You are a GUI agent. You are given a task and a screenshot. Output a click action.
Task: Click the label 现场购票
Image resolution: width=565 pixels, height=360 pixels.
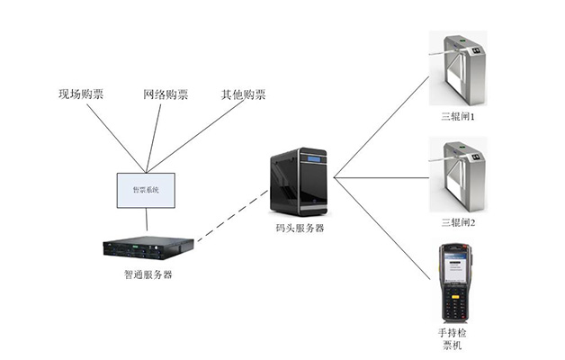[x=81, y=94]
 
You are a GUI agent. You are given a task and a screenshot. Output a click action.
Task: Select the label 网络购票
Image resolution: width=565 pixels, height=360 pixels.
[x=166, y=94]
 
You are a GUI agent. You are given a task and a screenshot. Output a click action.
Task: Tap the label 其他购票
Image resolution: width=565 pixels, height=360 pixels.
[x=243, y=94]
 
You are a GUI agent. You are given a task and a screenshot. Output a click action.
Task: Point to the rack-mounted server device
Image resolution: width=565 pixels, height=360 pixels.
[x=148, y=247]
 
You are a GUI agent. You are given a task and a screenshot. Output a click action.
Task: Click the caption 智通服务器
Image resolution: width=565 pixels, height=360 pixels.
[x=148, y=274]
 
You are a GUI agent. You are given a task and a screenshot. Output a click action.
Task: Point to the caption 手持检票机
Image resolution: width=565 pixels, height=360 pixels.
[x=455, y=339]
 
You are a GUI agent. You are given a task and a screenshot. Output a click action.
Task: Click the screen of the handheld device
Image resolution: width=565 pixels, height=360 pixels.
[x=455, y=266]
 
